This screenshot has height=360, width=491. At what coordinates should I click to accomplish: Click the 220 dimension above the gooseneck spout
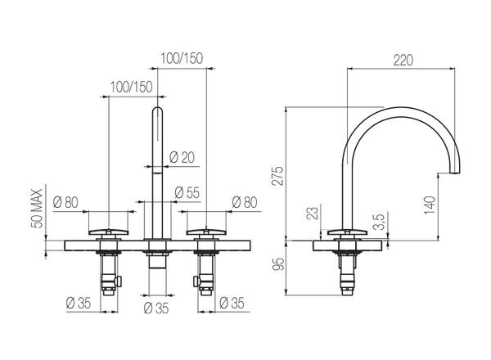click(x=401, y=60)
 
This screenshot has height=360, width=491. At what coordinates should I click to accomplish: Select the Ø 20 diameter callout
click(x=181, y=159)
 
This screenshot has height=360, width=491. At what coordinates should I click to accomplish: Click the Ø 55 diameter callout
click(x=187, y=193)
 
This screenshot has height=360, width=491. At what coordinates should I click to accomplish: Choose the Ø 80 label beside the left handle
click(x=66, y=202)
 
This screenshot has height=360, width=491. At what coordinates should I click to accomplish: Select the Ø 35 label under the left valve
click(x=79, y=303)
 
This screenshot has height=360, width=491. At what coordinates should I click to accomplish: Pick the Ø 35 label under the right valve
click(x=233, y=303)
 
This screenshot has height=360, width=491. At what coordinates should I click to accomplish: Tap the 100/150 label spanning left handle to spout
click(x=130, y=87)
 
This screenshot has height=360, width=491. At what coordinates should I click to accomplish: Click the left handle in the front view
click(x=106, y=232)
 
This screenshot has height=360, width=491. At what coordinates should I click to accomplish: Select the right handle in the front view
click(x=206, y=232)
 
